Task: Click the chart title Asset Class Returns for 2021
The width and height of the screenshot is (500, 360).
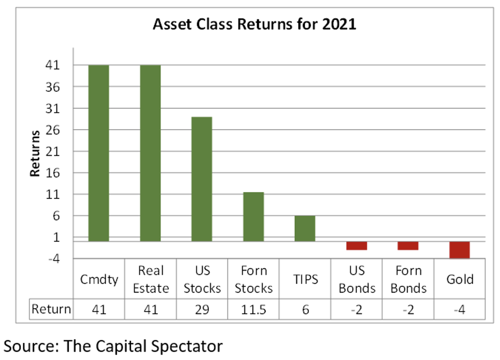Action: click(255, 24)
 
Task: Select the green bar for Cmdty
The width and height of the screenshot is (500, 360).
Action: click(99, 153)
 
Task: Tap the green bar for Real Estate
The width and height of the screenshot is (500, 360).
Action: click(150, 153)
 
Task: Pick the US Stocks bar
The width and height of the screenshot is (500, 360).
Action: click(202, 179)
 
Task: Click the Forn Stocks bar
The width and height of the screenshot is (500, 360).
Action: click(254, 217)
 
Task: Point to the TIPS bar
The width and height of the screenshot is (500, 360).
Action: click(305, 228)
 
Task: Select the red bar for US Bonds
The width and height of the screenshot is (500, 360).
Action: click(356, 246)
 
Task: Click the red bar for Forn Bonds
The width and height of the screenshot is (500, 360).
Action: click(408, 246)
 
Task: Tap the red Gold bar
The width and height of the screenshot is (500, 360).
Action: click(460, 250)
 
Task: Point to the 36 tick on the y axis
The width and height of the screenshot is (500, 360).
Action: click(53, 87)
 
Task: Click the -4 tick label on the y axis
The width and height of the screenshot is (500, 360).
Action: click(54, 259)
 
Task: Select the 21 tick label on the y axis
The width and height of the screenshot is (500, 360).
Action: click(53, 152)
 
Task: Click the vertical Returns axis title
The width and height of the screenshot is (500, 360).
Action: click(35, 154)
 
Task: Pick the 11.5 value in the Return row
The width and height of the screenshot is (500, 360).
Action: click(254, 309)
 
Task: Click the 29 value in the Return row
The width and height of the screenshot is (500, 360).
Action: click(202, 309)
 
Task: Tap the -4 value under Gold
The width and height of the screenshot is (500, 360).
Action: click(460, 309)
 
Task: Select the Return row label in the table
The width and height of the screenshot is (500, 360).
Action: click(51, 309)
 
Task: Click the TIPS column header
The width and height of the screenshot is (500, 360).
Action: click(306, 279)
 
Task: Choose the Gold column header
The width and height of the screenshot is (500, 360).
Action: click(460, 279)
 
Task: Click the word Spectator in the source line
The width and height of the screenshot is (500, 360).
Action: click(187, 346)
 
